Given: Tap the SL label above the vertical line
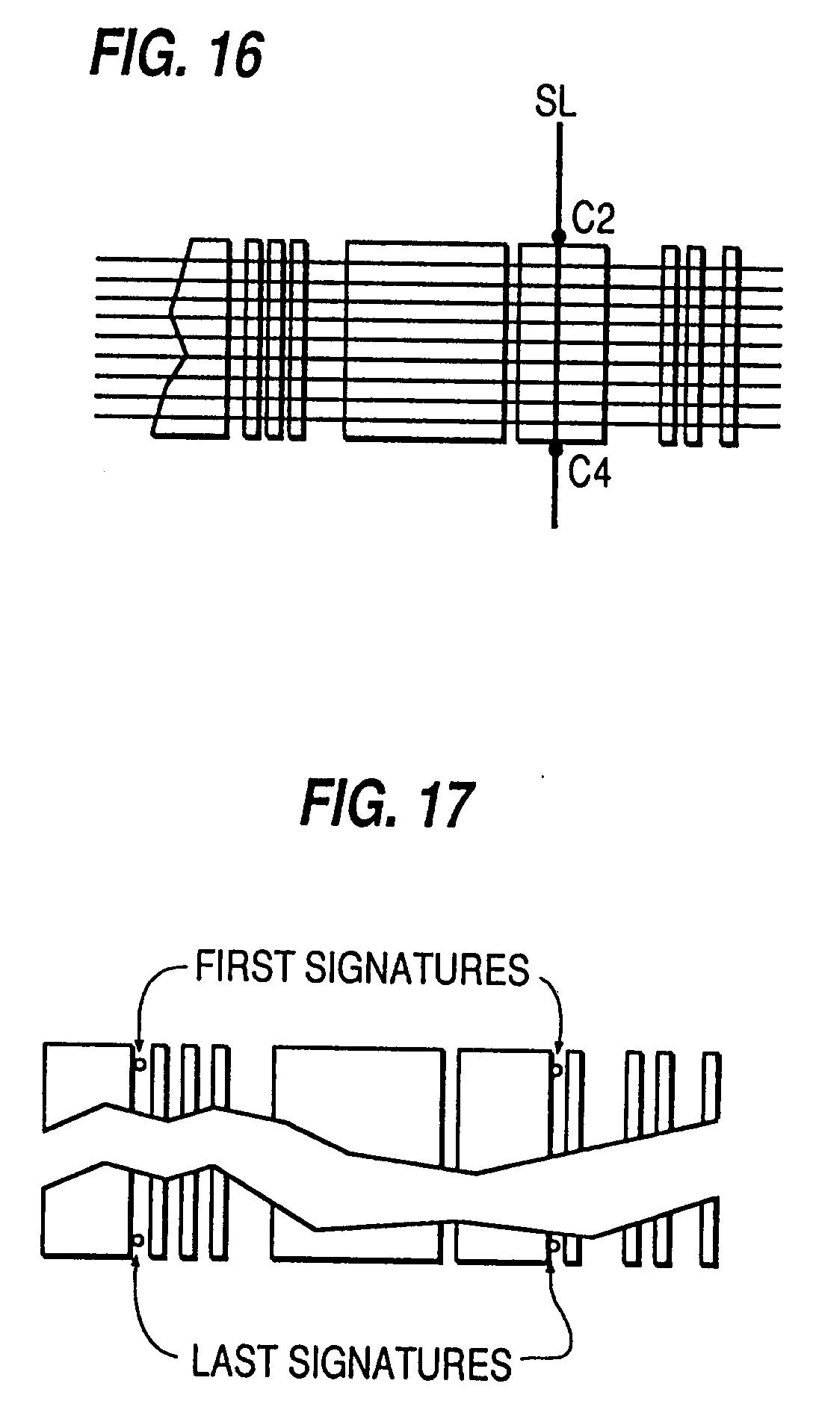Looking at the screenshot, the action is click(556, 102).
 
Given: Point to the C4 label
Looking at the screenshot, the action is click(590, 473).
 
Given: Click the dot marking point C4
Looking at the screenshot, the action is click(555, 449).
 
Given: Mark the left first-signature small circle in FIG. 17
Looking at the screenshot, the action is click(140, 1063).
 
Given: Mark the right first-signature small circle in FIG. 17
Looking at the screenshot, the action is click(556, 1071).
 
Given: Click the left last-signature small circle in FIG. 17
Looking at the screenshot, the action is click(137, 1240).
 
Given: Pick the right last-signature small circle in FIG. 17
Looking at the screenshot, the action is click(554, 1245).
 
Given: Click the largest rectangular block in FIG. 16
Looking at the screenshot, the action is click(424, 341).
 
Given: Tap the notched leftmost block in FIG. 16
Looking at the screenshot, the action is click(190, 337).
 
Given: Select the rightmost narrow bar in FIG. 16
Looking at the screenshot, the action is click(729, 347).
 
